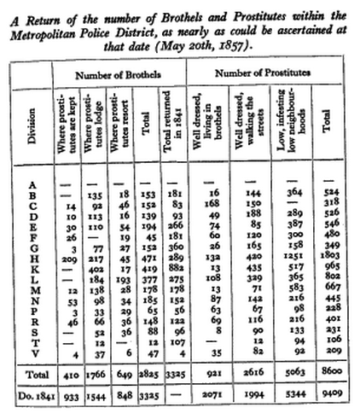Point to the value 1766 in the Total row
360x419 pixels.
coord(96,375)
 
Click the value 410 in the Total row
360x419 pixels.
coord(68,375)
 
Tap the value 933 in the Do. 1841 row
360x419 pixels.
coord(68,398)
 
